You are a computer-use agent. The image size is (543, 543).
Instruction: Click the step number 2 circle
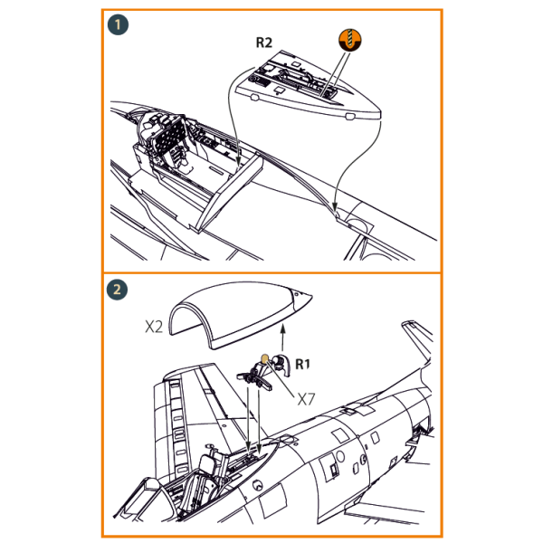[117, 291]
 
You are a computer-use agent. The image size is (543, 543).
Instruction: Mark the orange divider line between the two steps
[271, 272]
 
